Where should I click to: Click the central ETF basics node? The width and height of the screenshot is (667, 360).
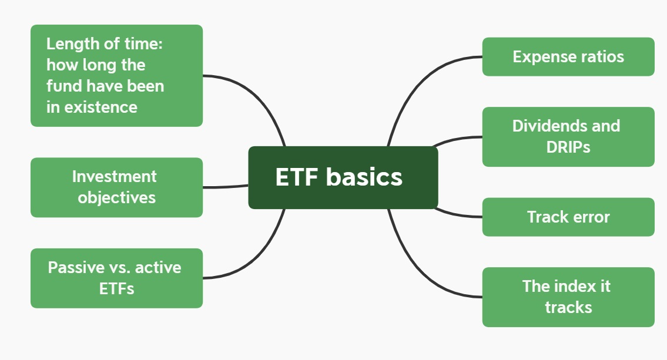343,177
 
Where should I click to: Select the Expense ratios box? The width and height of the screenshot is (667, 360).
568,57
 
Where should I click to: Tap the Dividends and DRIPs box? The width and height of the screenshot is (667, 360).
568,136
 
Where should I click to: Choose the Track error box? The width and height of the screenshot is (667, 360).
568,217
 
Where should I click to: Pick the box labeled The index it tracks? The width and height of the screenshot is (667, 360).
568,297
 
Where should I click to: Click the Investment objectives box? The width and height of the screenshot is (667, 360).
116,187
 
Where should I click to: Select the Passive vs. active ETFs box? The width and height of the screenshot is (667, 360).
116,278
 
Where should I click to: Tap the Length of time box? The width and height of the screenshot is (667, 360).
116,75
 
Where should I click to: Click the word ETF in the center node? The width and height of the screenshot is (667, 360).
297,177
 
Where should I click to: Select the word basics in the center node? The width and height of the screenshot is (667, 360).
364,177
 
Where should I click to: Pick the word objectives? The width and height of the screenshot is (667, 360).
116,197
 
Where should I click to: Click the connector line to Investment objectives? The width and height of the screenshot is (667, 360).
226,187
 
